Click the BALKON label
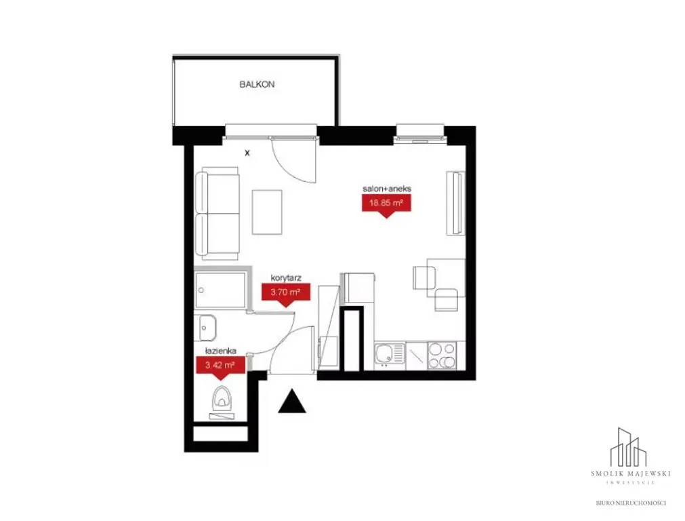[257, 84]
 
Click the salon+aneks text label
[387, 189]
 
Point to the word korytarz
[286, 277]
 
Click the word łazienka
[221, 351]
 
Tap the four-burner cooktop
[442, 355]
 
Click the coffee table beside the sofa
[267, 212]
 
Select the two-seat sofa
[217, 213]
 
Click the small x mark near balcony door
[247, 153]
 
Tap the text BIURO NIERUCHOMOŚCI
[630, 503]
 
